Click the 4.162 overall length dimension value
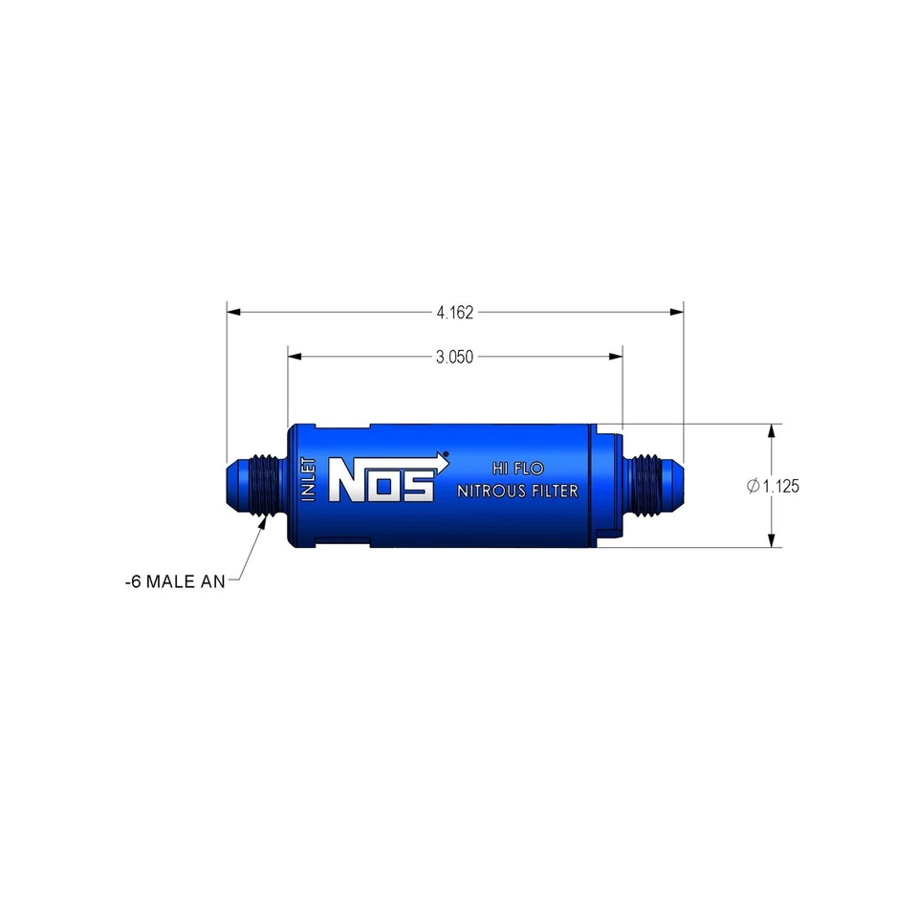point(455,312)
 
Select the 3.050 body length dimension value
point(455,357)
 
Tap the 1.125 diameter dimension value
point(780,486)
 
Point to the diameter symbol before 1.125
point(753,486)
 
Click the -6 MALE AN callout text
point(175,580)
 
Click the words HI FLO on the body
point(517,469)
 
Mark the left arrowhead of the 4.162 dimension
point(233,312)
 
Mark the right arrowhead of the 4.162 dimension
point(677,312)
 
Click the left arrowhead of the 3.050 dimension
point(295,357)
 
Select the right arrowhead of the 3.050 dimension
point(616,357)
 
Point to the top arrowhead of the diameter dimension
point(772,431)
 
